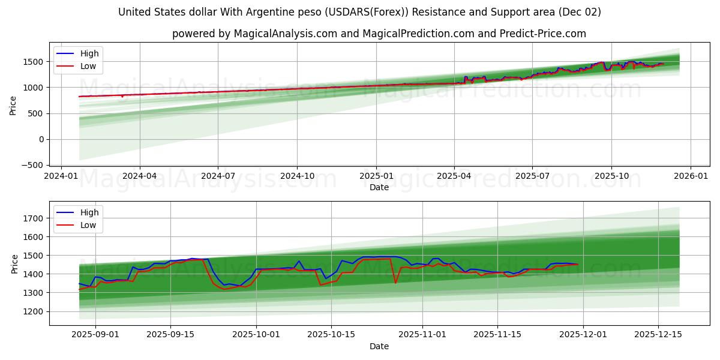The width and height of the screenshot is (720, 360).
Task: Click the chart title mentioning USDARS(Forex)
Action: (x=359, y=12)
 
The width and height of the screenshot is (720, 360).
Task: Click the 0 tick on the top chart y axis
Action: (x=41, y=139)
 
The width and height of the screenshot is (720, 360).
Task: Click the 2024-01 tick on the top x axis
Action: (x=61, y=176)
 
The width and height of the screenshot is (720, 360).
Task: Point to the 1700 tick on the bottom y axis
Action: (x=35, y=218)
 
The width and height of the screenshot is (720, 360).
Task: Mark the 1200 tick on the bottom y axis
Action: (x=35, y=311)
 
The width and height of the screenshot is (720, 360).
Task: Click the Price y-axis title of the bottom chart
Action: (x=14, y=263)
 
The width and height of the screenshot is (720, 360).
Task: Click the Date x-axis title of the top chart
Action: (x=379, y=187)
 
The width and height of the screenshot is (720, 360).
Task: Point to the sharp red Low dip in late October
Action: (x=395, y=283)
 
